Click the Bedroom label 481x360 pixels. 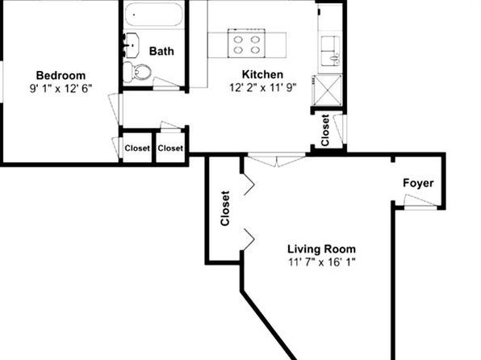click(x=61, y=76)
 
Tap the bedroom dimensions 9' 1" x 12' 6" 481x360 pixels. click(x=61, y=89)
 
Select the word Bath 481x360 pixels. click(x=161, y=51)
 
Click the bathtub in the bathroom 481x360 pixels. click(x=153, y=15)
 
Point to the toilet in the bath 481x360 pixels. click(x=137, y=72)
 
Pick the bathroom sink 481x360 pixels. click(x=132, y=45)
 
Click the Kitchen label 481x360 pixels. click(x=262, y=74)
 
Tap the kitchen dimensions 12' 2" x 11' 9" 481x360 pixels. click(x=263, y=88)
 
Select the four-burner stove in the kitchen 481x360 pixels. click(x=246, y=44)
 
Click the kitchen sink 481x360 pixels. click(x=330, y=51)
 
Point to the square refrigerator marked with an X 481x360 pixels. click(x=328, y=90)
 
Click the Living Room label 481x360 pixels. click(x=321, y=249)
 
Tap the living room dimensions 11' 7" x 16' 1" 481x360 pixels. click(x=321, y=262)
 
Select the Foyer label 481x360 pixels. click(x=418, y=183)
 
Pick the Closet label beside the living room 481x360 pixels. click(x=225, y=208)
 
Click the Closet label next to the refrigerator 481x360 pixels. click(x=325, y=130)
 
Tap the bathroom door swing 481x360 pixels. click(x=166, y=83)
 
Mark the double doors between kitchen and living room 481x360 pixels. click(x=277, y=160)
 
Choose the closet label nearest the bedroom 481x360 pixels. click(x=137, y=149)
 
